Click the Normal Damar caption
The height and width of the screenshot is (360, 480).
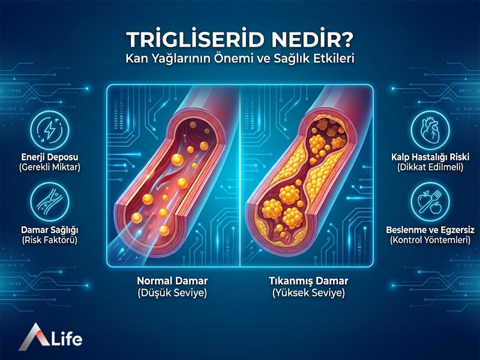click(x=172, y=281)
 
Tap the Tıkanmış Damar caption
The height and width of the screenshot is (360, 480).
click(x=308, y=281)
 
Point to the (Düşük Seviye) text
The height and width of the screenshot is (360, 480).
click(x=172, y=293)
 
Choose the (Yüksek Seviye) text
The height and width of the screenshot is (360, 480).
click(x=308, y=293)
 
